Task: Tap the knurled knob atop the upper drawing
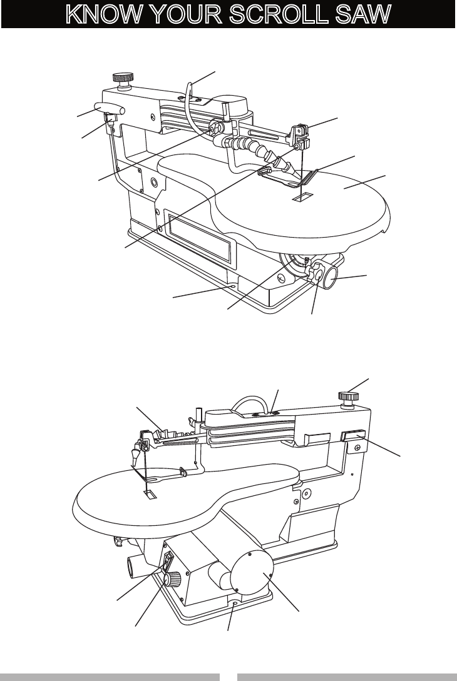(x=120, y=79)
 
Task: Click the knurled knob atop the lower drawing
(x=348, y=396)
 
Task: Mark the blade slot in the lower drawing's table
(x=150, y=495)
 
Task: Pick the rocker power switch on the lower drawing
(x=168, y=561)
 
